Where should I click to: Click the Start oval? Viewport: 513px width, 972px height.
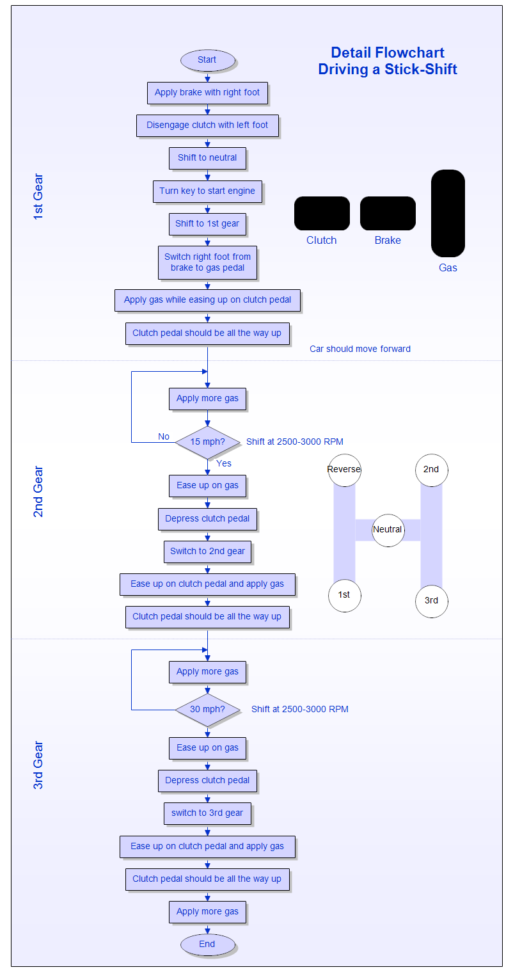click(x=207, y=60)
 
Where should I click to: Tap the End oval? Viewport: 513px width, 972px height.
click(x=207, y=944)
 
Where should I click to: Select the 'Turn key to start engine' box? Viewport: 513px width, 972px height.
click(x=207, y=191)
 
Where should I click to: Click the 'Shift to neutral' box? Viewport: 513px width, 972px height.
click(x=207, y=158)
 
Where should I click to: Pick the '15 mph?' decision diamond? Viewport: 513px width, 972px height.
click(x=207, y=442)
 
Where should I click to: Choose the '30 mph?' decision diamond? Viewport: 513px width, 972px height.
click(x=207, y=709)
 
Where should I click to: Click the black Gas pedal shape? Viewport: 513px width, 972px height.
click(x=448, y=213)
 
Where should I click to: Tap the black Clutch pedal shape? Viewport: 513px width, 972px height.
click(x=322, y=213)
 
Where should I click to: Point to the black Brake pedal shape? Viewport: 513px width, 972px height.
click(x=388, y=213)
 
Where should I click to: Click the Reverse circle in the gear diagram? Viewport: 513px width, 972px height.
click(x=344, y=470)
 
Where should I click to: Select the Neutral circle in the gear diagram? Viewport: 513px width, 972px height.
click(x=388, y=530)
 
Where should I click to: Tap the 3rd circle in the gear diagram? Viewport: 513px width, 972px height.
click(x=431, y=601)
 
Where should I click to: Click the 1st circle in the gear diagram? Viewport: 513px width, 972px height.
click(x=344, y=595)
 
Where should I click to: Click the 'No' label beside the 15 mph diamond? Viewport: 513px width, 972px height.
click(x=164, y=436)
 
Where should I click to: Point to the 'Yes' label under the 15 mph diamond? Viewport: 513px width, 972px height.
click(x=224, y=463)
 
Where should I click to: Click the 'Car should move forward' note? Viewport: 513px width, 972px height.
click(x=360, y=349)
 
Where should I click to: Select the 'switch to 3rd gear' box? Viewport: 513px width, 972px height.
click(x=207, y=813)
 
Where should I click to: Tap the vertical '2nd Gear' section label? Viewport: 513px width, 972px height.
click(x=38, y=491)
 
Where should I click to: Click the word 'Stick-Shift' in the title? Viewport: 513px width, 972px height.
click(x=420, y=69)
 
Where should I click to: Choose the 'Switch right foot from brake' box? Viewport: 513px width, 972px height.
click(x=207, y=262)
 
